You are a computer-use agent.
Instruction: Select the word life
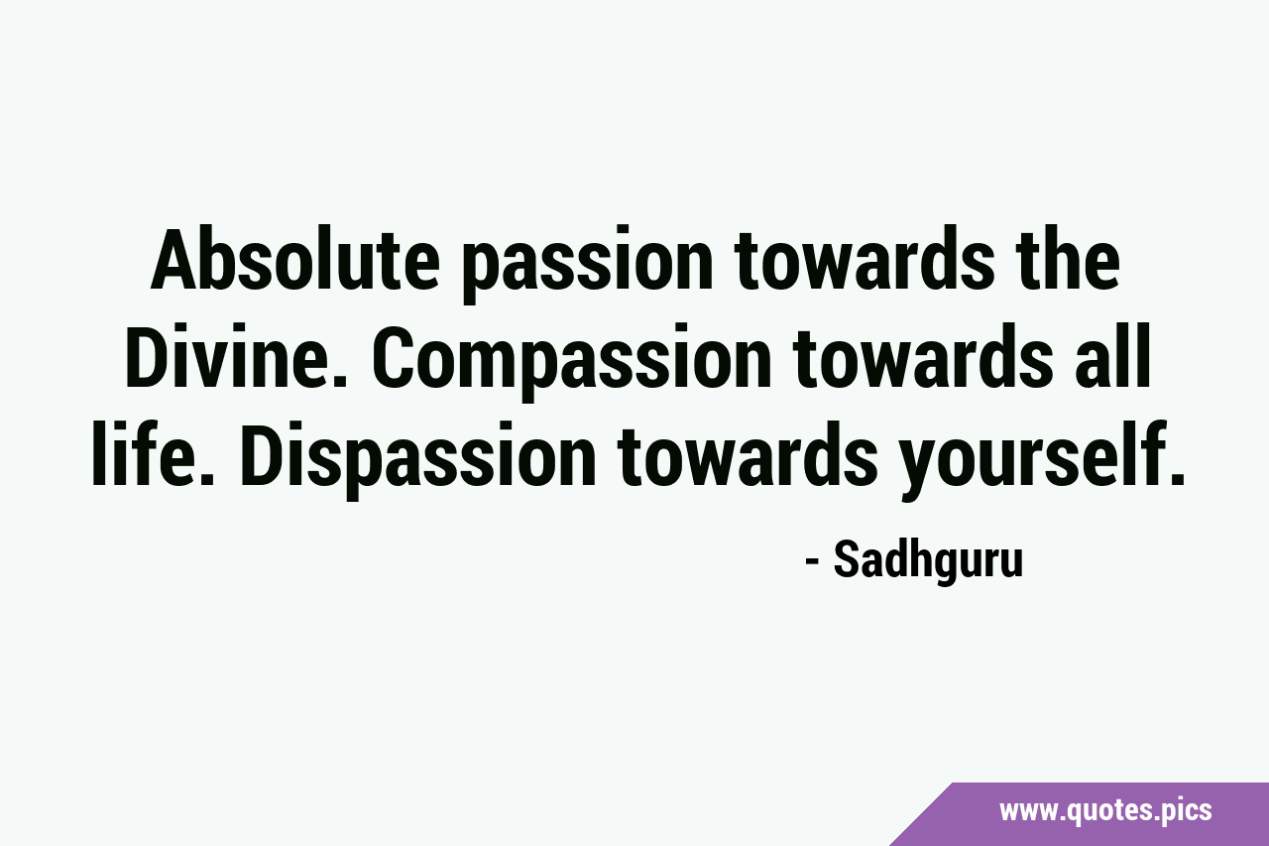(146, 453)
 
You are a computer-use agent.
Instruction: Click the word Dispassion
(418, 460)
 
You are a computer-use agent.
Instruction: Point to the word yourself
(1032, 460)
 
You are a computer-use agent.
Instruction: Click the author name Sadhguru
(929, 562)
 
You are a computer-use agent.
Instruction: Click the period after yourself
(1176, 479)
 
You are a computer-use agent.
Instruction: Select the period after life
(206, 479)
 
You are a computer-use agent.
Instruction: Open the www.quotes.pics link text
(1105, 810)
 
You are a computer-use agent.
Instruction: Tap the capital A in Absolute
(181, 260)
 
